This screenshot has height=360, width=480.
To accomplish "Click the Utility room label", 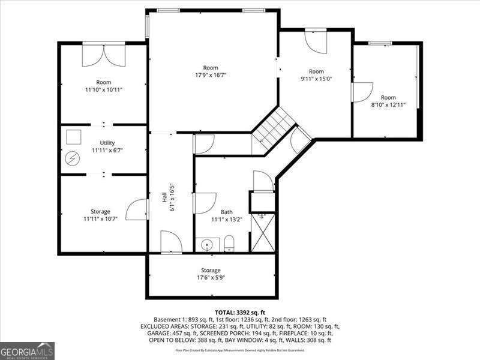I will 107,142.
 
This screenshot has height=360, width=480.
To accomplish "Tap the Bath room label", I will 227,212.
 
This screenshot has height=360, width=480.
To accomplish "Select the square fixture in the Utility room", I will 74,136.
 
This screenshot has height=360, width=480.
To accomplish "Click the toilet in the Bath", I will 229,244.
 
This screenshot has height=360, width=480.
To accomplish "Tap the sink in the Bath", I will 207,245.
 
